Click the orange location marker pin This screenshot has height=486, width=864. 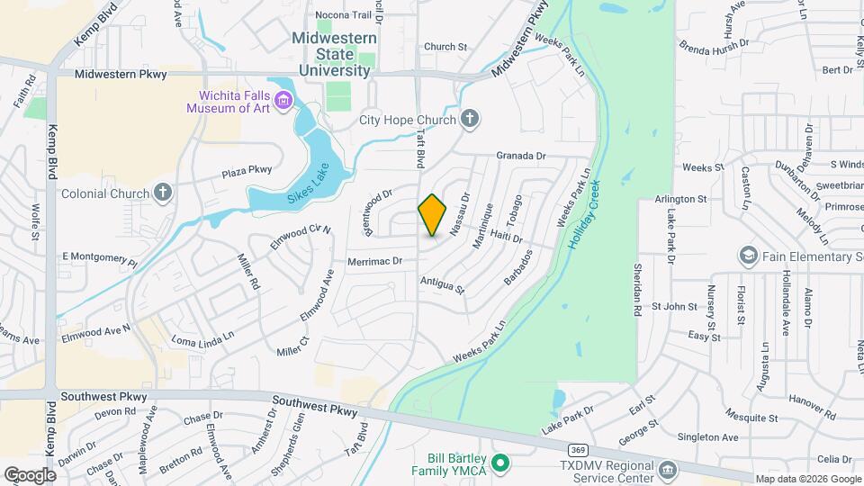click(x=432, y=215)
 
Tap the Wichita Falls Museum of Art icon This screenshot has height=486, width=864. click(x=284, y=99)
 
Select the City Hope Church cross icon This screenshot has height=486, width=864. click(x=469, y=119)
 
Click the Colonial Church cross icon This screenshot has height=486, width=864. click(x=162, y=193)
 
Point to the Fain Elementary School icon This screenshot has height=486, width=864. click(x=747, y=256)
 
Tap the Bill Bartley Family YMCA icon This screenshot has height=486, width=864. click(x=502, y=463)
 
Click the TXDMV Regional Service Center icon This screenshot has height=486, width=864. click(x=667, y=469)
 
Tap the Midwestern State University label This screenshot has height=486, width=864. click(x=331, y=54)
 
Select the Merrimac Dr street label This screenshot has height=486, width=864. click(x=373, y=261)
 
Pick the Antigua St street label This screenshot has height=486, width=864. click(x=441, y=285)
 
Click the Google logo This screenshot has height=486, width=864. click(x=31, y=474)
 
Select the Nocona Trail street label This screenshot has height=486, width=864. click(x=343, y=15)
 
